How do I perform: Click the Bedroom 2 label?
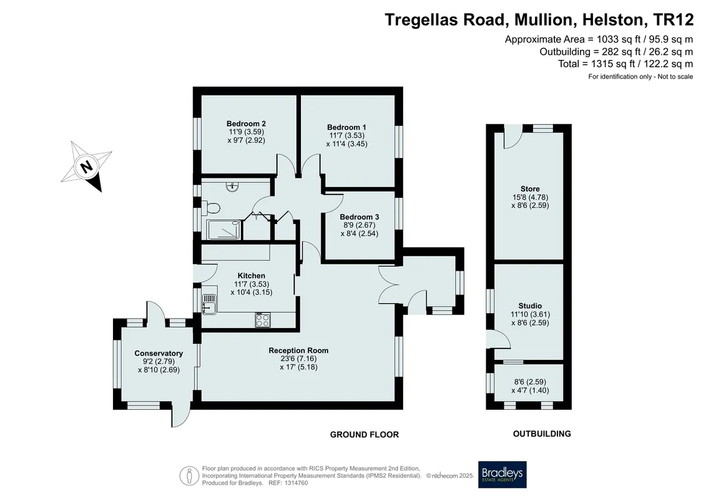[246, 124]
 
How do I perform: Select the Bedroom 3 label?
[360, 217]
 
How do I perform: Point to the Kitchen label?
[251, 276]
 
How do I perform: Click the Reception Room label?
[298, 351]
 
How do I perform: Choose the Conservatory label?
[159, 354]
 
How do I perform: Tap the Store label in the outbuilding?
[530, 189]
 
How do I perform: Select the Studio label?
[530, 306]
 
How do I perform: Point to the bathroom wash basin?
[232, 186]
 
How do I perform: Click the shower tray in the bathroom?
[223, 230]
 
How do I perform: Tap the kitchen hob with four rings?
[263, 320]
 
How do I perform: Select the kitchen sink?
[209, 304]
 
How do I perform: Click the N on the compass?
[86, 167]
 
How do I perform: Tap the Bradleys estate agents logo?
[502, 475]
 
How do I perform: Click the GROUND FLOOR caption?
[365, 435]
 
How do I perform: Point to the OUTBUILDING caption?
[542, 434]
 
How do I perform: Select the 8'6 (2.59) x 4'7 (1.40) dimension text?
[530, 386]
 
